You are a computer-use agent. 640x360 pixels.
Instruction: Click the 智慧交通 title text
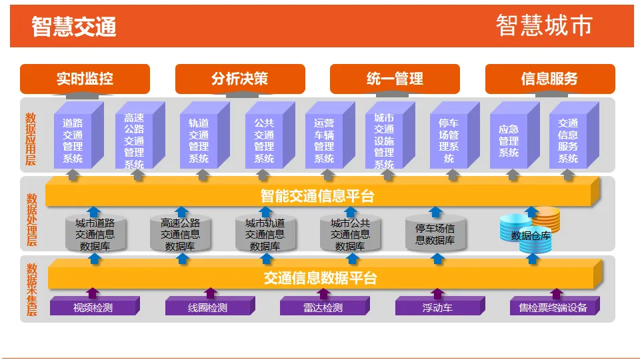tap(74, 27)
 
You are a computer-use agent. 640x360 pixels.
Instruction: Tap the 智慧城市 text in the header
tap(544, 25)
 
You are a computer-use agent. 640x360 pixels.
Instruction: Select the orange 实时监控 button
tap(85, 79)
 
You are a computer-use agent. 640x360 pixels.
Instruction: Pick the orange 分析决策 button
tap(240, 79)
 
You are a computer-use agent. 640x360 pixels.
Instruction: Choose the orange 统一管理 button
tap(395, 79)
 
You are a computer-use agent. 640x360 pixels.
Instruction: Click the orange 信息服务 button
tap(549, 79)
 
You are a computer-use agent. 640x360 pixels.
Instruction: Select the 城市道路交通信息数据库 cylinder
tap(95, 234)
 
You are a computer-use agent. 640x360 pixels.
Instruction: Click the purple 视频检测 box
tap(93, 307)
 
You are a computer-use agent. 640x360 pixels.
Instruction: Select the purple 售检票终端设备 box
tap(553, 307)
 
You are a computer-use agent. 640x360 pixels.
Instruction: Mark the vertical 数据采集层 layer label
tap(31, 290)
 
